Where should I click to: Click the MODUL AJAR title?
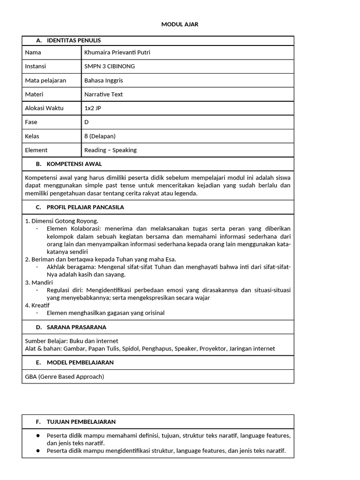pyautogui.click(x=180, y=24)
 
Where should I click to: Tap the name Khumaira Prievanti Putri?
pyautogui.click(x=117, y=52)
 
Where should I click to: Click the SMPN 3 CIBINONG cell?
pyautogui.click(x=109, y=67)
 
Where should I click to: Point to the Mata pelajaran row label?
pyautogui.click(x=45, y=81)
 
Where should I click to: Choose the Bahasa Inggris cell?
pyautogui.click(x=104, y=81)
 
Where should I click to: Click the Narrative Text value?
pyautogui.click(x=104, y=94)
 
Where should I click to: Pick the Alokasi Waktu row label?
pyautogui.click(x=44, y=108)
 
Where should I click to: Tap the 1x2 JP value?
pyautogui.click(x=92, y=108)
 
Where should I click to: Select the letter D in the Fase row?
pyautogui.click(x=87, y=122)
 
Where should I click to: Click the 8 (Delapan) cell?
pyautogui.click(x=100, y=136)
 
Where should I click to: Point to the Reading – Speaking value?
pyautogui.click(x=111, y=150)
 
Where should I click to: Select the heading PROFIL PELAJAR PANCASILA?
pyautogui.click(x=85, y=207)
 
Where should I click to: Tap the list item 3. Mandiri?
pyautogui.click(x=39, y=283)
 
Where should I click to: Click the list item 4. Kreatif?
pyautogui.click(x=38, y=305)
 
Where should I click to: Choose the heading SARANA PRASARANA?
pyautogui.click(x=76, y=327)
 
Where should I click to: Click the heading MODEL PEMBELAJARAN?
pyautogui.click(x=80, y=362)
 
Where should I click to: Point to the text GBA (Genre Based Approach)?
pyautogui.click(x=65, y=376)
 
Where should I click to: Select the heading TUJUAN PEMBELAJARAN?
pyautogui.click(x=81, y=422)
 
